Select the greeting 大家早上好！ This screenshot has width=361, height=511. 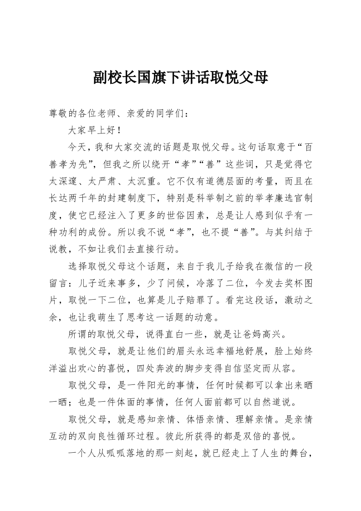pos(94,130)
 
